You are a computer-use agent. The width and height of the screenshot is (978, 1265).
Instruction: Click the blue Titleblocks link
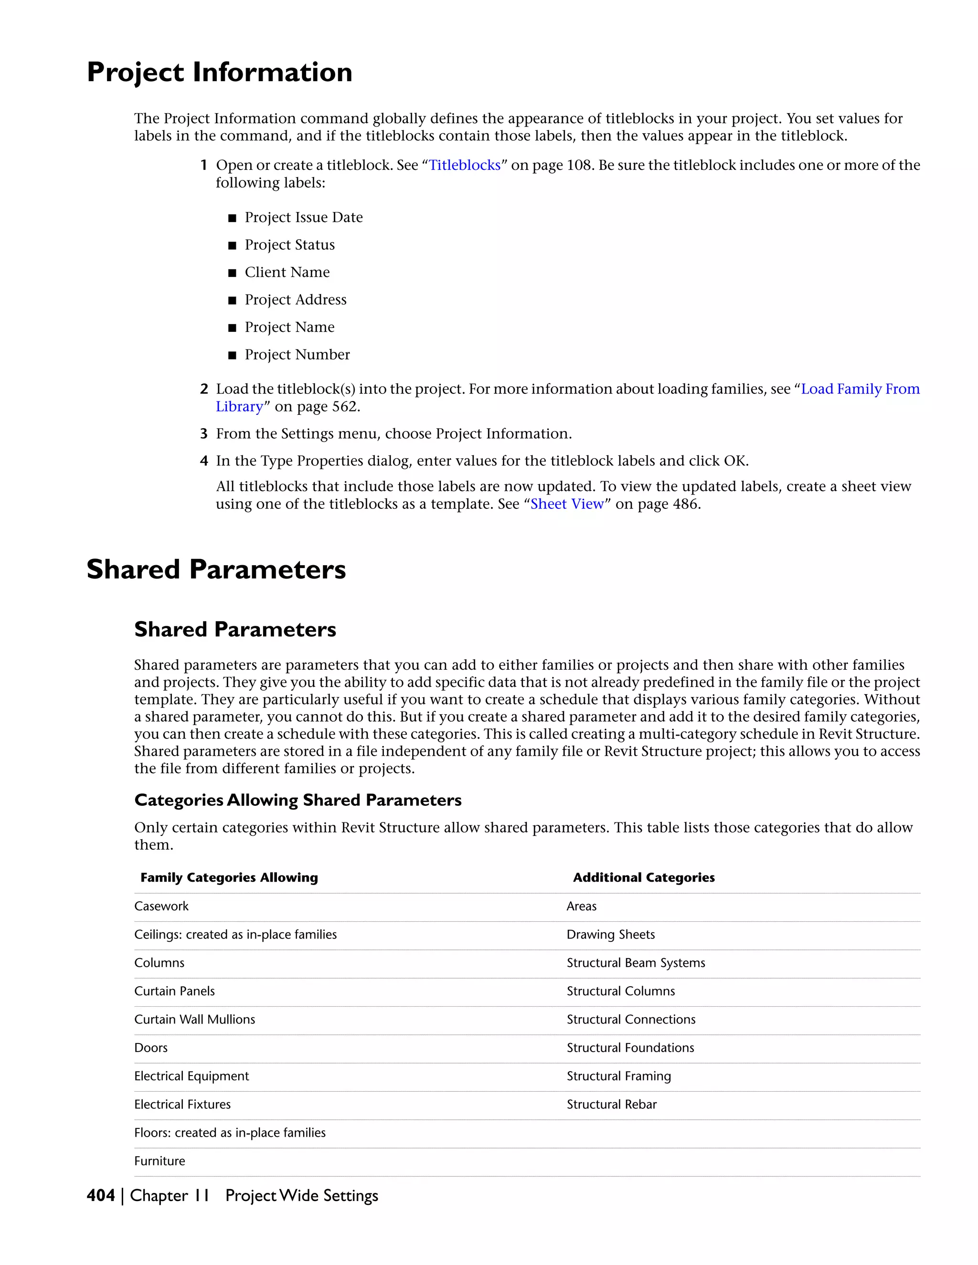pyautogui.click(x=464, y=165)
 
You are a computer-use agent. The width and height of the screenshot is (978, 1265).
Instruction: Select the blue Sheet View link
pyautogui.click(x=567, y=504)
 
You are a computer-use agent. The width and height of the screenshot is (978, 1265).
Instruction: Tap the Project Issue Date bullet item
pyautogui.click(x=303, y=217)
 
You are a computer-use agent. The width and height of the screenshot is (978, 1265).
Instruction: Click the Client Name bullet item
pyautogui.click(x=287, y=272)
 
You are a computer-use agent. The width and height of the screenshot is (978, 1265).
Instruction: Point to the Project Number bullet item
pyautogui.click(x=297, y=355)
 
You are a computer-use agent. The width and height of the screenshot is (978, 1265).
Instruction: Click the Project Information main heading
pyautogui.click(x=220, y=73)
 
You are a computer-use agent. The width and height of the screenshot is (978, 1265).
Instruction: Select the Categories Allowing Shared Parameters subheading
pyautogui.click(x=298, y=800)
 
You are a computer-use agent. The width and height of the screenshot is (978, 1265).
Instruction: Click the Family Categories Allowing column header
pyautogui.click(x=229, y=877)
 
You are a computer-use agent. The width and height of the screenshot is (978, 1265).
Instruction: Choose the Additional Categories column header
pyautogui.click(x=643, y=877)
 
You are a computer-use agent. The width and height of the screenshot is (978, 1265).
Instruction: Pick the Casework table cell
pyautogui.click(x=162, y=906)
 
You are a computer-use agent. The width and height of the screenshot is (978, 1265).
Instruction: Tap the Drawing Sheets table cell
pyautogui.click(x=611, y=934)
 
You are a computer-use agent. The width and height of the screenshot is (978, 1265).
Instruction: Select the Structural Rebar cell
pyautogui.click(x=611, y=1104)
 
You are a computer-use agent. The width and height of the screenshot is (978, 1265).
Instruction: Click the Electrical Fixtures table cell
pyautogui.click(x=182, y=1104)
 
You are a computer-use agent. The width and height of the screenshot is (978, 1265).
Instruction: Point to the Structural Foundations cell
pyautogui.click(x=630, y=1047)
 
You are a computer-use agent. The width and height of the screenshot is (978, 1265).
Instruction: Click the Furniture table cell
pyautogui.click(x=160, y=1161)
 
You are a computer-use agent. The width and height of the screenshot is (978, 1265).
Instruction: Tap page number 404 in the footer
pyautogui.click(x=101, y=1195)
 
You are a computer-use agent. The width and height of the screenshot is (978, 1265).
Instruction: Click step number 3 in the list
pyautogui.click(x=204, y=434)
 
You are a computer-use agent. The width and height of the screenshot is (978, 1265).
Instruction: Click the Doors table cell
pyautogui.click(x=151, y=1047)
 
